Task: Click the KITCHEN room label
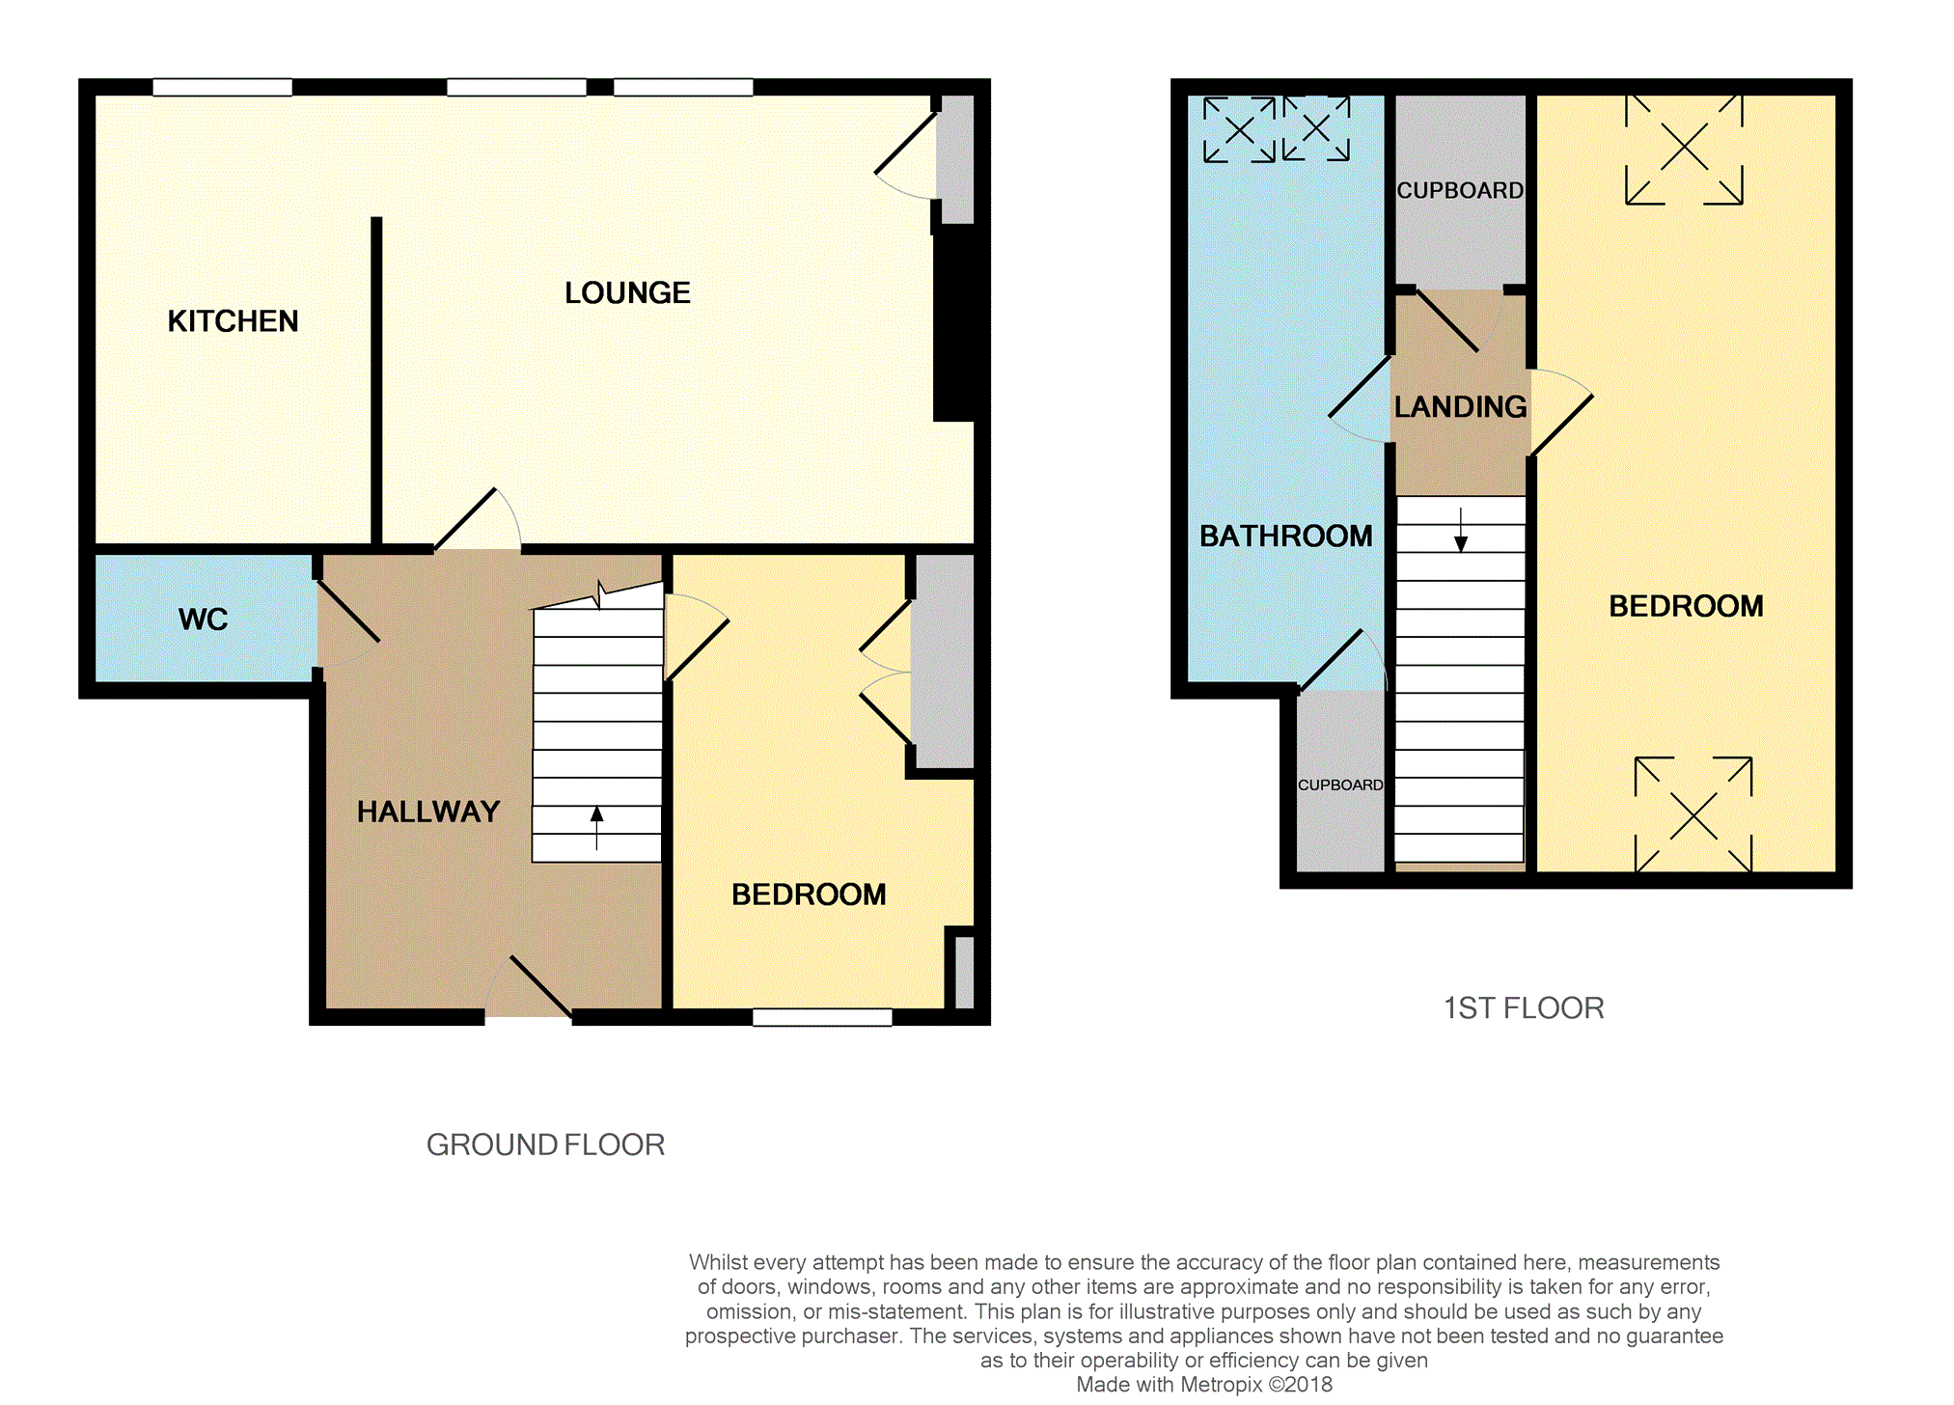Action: (233, 321)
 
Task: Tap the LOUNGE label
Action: (627, 292)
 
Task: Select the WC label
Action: (203, 619)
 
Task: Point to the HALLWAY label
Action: (428, 812)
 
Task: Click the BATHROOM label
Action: (1285, 536)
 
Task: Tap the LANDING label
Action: (1460, 406)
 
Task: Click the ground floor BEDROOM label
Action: (809, 895)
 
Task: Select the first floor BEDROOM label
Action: (1686, 606)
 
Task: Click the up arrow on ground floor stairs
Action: (596, 828)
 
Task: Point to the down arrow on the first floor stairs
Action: (1461, 530)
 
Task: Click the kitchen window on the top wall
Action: (222, 87)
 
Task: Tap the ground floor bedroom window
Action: (822, 1017)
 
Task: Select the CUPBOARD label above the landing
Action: (1460, 191)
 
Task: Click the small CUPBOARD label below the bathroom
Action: (1340, 785)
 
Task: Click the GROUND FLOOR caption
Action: (545, 1144)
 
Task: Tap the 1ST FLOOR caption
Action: (1524, 1008)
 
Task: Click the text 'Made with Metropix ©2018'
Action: (1204, 1385)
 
